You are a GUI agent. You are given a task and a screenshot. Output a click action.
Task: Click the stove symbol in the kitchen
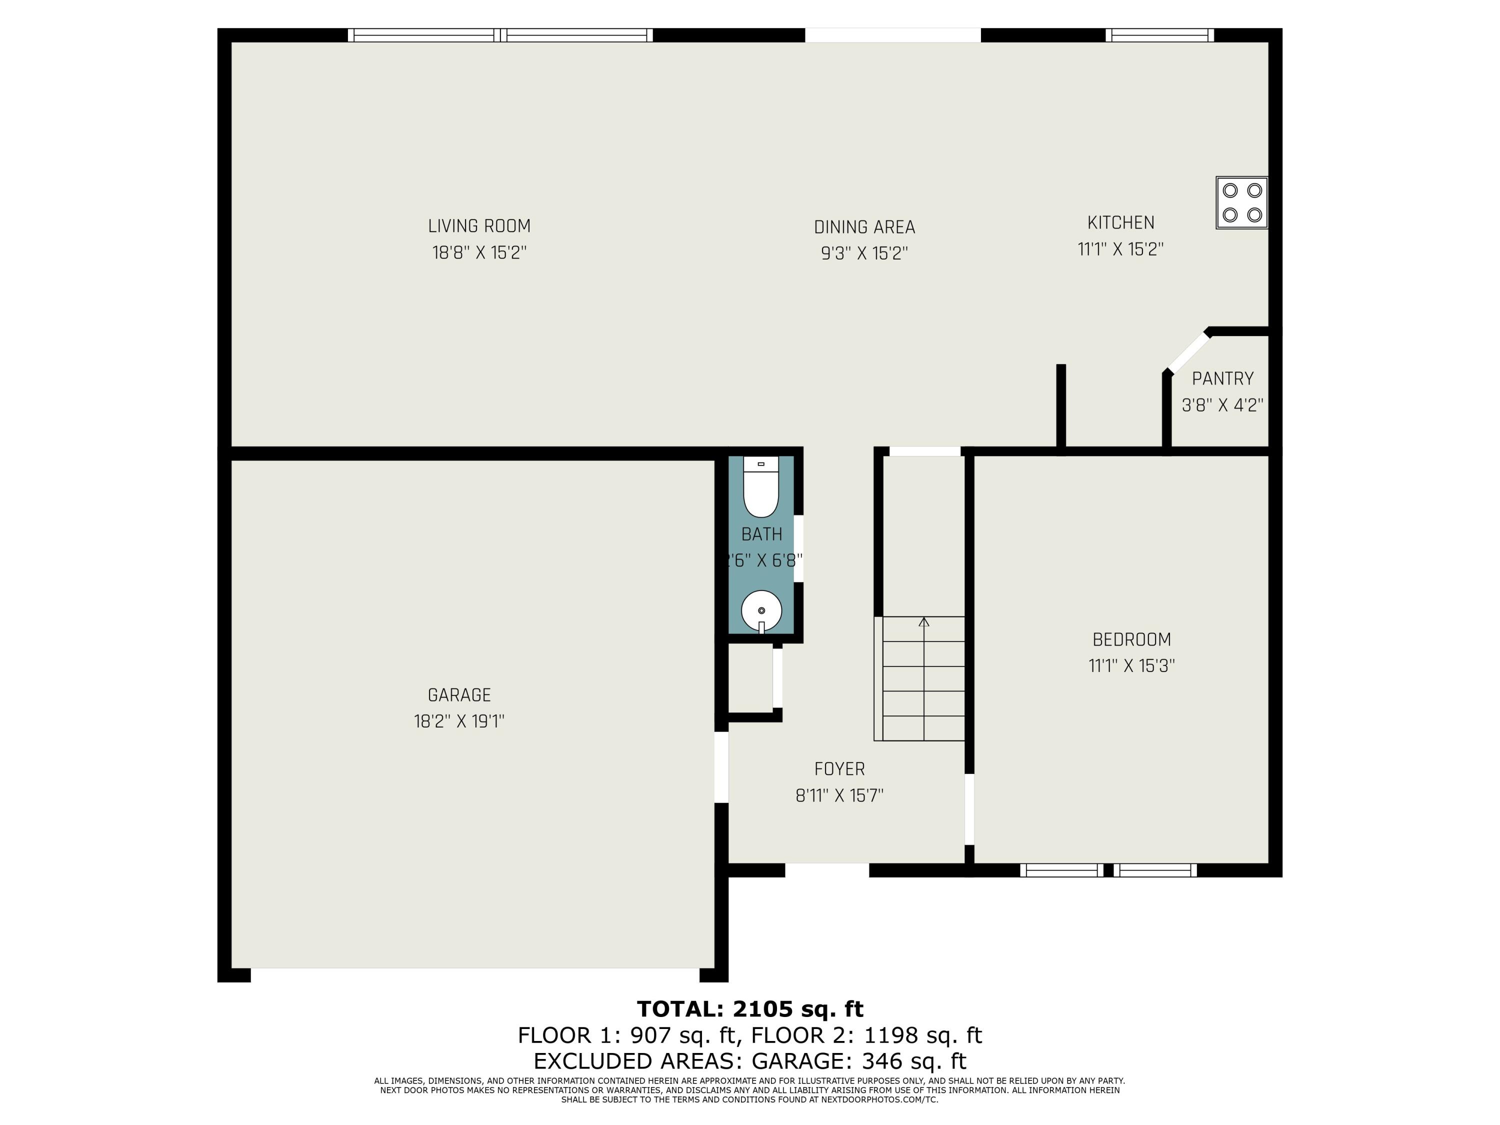point(1241,203)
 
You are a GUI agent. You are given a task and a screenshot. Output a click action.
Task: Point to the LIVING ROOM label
point(479,226)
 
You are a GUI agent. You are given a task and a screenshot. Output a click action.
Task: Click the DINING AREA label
point(864,226)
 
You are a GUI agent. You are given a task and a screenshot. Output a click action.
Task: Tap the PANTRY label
point(1222,378)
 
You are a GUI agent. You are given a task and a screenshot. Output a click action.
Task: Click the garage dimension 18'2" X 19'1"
point(459,721)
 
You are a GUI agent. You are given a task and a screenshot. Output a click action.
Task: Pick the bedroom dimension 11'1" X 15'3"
point(1131,666)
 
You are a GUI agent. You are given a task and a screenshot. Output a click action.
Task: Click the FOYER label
point(839,769)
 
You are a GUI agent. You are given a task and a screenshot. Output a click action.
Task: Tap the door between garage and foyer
point(721,767)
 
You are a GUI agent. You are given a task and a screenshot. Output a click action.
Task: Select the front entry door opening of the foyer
point(826,870)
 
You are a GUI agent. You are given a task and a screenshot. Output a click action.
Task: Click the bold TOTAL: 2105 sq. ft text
point(750,1009)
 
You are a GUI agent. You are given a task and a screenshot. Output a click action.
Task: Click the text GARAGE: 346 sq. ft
point(858,1060)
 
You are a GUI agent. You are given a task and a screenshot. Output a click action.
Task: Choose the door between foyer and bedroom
point(969,809)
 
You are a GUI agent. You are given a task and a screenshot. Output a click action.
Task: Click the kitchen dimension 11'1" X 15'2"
point(1120,249)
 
